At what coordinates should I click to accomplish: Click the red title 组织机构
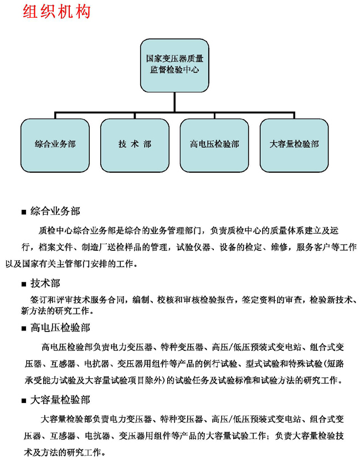pos(56,12)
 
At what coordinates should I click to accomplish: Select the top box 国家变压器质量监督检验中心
pos(174,65)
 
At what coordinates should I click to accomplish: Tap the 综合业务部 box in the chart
pos(55,146)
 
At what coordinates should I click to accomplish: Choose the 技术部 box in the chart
pos(135,146)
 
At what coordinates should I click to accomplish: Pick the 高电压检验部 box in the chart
pos(214,146)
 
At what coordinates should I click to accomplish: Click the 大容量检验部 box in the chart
pos(294,146)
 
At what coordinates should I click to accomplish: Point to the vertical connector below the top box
pos(174,102)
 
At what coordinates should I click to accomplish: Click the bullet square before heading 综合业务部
pos(24,212)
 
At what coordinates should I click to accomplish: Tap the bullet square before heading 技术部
pos(24,285)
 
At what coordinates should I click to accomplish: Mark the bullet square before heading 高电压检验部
pos(24,328)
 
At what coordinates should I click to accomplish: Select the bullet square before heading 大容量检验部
pos(24,401)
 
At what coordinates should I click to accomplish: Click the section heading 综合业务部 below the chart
pos(55,211)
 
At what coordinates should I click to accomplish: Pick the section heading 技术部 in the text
pos(45,283)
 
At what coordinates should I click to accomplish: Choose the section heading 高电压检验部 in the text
pos(60,327)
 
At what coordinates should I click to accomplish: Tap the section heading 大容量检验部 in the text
pos(60,400)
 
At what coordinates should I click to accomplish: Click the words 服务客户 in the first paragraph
pos(313,247)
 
